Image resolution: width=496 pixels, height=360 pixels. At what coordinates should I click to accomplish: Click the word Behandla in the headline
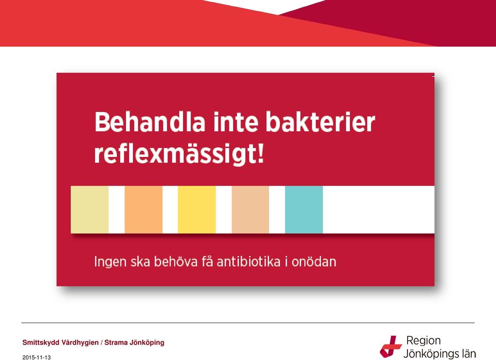click(150, 122)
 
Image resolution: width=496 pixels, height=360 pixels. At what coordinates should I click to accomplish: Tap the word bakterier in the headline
click(320, 122)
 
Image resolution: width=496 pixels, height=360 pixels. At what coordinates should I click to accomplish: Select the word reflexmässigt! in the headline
click(179, 154)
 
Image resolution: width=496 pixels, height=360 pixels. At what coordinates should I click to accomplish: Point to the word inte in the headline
click(236, 122)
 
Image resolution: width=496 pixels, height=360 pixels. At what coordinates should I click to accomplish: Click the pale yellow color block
click(89, 209)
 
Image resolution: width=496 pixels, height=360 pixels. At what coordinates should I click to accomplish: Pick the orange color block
click(144, 209)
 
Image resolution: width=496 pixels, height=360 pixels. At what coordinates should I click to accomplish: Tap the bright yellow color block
click(197, 209)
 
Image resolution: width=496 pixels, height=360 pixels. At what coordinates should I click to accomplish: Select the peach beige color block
click(250, 209)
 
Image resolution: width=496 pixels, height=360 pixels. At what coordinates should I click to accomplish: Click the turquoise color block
click(304, 209)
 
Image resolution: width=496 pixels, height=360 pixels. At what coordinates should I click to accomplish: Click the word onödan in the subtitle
click(314, 262)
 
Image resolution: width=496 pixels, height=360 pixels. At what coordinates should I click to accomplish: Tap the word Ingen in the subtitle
click(111, 262)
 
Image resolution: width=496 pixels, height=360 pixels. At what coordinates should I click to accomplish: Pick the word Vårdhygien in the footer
click(80, 342)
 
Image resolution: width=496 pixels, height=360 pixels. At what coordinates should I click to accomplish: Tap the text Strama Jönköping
click(134, 342)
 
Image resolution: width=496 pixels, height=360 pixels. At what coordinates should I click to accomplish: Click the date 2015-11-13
click(36, 357)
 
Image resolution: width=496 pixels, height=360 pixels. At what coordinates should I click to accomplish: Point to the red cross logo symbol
click(391, 347)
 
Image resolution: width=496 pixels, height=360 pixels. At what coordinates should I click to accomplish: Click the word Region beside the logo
click(423, 341)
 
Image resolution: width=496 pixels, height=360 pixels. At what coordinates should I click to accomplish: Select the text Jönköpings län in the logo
click(440, 353)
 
